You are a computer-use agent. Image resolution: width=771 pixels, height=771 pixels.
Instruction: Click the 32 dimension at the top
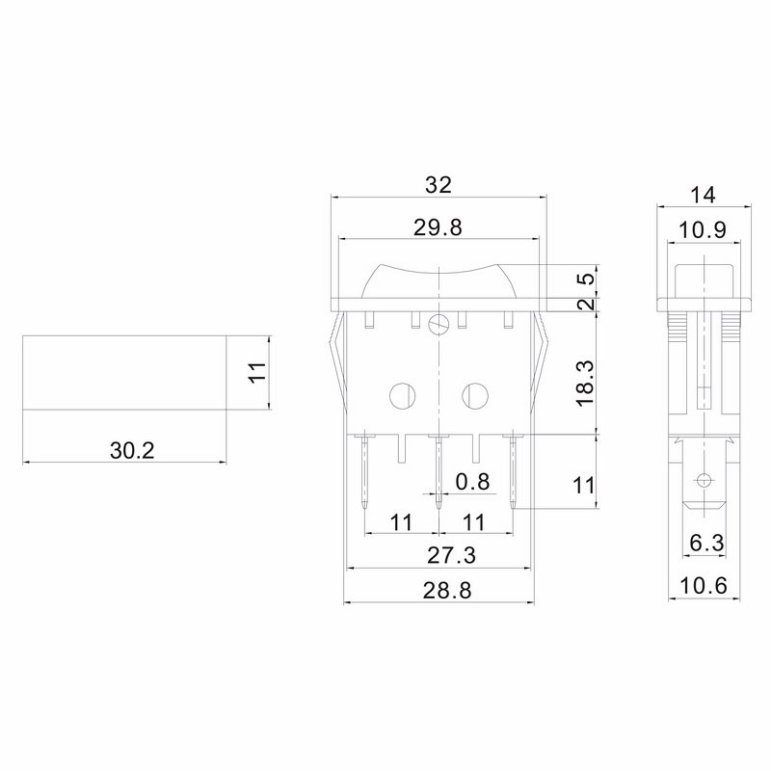click(x=439, y=185)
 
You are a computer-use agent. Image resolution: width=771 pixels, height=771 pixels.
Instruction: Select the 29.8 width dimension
click(x=439, y=228)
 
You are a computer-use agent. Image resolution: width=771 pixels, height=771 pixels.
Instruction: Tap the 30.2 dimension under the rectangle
click(x=132, y=450)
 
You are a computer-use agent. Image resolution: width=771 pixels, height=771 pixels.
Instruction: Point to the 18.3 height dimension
click(x=586, y=383)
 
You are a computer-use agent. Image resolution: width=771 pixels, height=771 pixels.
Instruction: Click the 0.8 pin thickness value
click(x=472, y=482)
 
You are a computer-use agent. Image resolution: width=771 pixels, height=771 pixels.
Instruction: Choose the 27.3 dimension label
click(x=451, y=556)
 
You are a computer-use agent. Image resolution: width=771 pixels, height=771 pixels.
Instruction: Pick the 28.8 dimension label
click(x=447, y=591)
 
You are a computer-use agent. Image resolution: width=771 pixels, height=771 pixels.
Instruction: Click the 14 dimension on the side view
click(x=703, y=196)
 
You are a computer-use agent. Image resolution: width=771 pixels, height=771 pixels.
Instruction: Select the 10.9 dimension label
click(x=703, y=229)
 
